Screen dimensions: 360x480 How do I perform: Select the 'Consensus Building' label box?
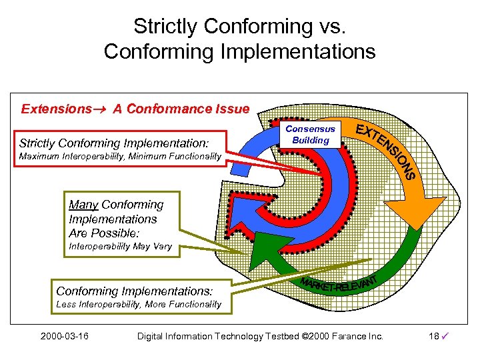[x=311, y=134]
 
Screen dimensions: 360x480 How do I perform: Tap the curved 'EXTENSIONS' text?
[x=387, y=151]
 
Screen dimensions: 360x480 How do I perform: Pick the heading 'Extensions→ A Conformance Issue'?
[x=135, y=109]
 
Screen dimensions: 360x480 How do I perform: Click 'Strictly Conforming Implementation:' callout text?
[x=114, y=143]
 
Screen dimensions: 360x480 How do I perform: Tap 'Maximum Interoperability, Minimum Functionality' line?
[x=120, y=156]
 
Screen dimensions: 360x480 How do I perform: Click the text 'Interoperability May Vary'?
[x=120, y=247]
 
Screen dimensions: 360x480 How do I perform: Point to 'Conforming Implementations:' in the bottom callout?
[x=134, y=291]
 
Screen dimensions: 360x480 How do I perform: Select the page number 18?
[x=434, y=336]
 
